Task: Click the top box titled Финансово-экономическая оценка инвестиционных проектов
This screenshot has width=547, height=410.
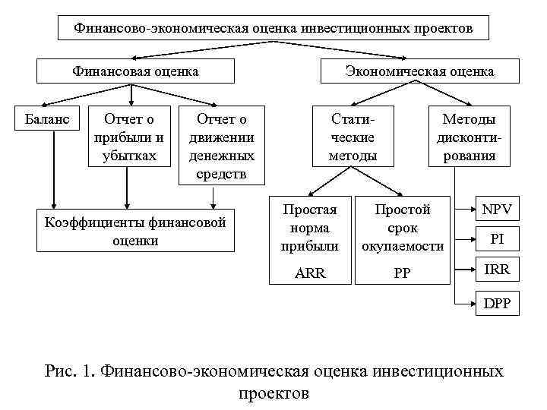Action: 273,28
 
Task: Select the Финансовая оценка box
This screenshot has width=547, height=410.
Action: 135,71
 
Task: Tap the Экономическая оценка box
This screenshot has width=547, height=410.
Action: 419,71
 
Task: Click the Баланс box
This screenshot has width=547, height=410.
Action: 48,119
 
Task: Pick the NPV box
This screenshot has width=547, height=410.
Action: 497,208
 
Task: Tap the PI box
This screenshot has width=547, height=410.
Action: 497,238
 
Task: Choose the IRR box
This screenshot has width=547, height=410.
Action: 497,269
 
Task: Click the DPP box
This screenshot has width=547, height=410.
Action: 497,303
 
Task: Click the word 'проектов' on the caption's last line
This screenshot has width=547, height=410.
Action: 273,393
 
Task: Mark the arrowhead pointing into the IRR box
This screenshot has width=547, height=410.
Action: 470,269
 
